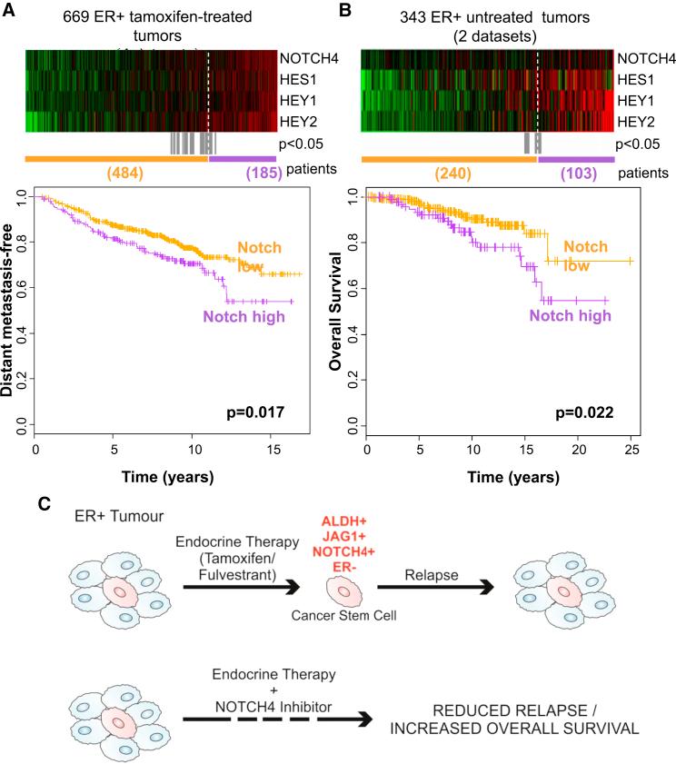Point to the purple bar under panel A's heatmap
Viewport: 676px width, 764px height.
tap(242, 158)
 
